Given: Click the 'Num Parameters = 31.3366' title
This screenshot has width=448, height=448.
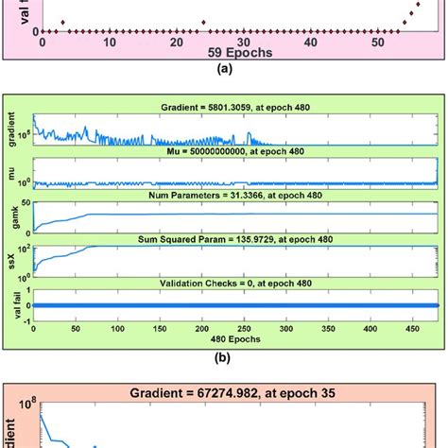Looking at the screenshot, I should coord(235,197).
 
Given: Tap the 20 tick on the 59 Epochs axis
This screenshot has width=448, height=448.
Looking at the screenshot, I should coord(177,42).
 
